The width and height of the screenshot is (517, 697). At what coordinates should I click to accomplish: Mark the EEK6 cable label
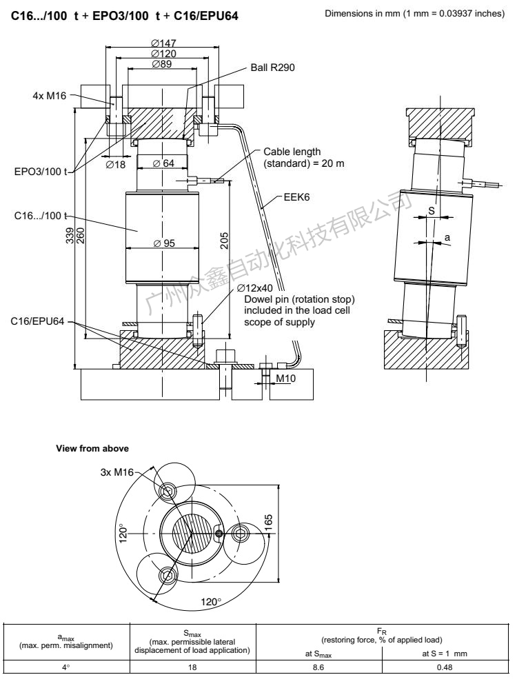click(x=296, y=197)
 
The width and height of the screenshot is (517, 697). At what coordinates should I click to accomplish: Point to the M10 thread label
click(x=285, y=378)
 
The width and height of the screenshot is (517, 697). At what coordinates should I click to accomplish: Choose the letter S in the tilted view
click(x=432, y=211)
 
